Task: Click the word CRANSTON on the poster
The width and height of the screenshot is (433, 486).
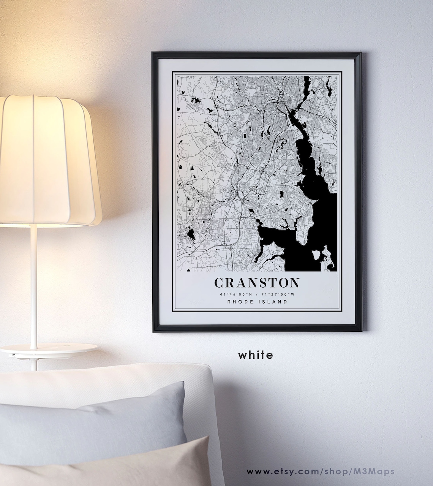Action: pyautogui.click(x=257, y=283)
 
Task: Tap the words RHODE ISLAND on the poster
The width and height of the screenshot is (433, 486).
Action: pyautogui.click(x=257, y=302)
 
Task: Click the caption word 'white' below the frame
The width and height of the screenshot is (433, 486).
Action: pyautogui.click(x=256, y=355)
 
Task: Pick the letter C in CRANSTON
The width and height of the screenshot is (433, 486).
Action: pyautogui.click(x=219, y=283)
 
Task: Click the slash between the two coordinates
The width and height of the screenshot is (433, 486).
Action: pyautogui.click(x=257, y=294)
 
